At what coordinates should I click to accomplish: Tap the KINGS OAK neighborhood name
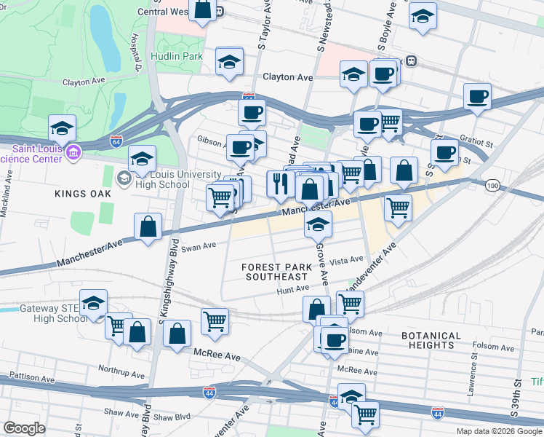[83, 194]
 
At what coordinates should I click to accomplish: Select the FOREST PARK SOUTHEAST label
[276, 272]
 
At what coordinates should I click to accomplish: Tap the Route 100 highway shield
[492, 186]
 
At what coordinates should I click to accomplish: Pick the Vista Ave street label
[345, 260]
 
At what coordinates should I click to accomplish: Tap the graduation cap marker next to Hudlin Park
[229, 61]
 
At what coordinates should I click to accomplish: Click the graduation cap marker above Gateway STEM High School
[93, 302]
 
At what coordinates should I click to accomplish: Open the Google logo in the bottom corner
[25, 428]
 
